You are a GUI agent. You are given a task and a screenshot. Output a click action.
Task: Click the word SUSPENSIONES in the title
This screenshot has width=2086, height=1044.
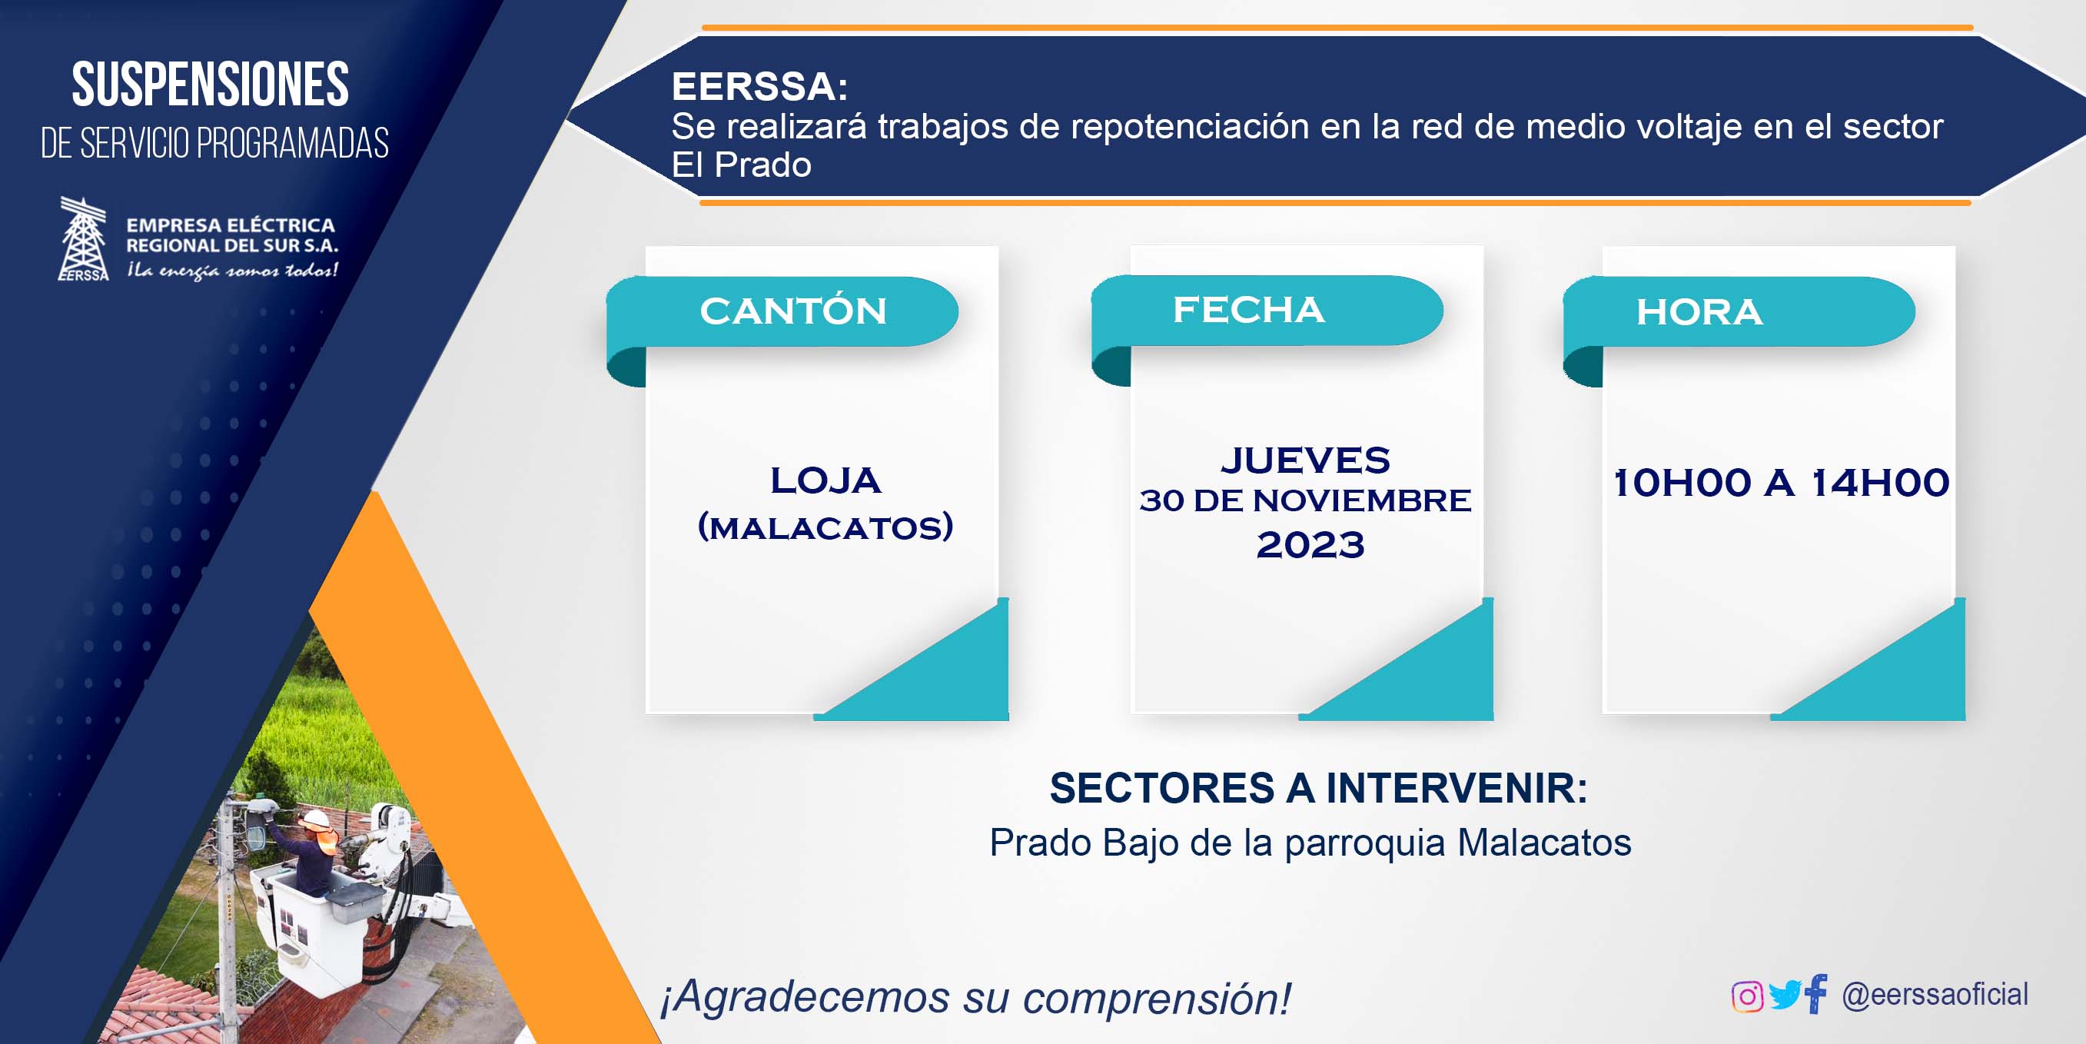tap(211, 85)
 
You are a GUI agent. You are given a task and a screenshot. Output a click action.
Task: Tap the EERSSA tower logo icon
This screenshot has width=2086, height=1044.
tap(84, 239)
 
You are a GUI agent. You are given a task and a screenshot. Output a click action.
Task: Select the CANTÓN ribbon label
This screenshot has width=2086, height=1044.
tap(793, 311)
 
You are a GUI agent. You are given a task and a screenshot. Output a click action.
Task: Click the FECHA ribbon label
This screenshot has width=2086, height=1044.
tap(1249, 309)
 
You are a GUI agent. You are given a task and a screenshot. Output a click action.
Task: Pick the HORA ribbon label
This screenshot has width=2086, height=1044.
tap(1699, 312)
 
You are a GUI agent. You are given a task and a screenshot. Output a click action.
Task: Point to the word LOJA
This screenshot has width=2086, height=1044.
tap(825, 480)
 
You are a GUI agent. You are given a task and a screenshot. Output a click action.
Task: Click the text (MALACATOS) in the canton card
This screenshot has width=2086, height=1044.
tap(825, 527)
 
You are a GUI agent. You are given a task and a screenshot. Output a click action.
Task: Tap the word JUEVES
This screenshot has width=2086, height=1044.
tap(1305, 460)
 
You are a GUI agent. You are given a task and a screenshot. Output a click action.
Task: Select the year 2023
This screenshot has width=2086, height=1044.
tap(1310, 544)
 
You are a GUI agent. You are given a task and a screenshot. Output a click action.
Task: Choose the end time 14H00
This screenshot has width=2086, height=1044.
tap(1880, 483)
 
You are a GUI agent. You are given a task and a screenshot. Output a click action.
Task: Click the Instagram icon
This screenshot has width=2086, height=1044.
tap(1747, 996)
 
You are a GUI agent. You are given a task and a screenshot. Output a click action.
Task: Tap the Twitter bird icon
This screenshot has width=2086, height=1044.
tap(1785, 995)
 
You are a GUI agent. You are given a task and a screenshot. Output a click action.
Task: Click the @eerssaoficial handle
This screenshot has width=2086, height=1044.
tap(1935, 995)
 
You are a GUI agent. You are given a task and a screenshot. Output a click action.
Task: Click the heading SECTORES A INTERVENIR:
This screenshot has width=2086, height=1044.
tap(1318, 788)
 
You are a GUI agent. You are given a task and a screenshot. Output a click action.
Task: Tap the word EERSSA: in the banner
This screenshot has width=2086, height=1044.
tap(759, 87)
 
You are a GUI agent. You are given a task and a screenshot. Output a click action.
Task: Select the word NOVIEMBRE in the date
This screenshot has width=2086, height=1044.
tap(1362, 500)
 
